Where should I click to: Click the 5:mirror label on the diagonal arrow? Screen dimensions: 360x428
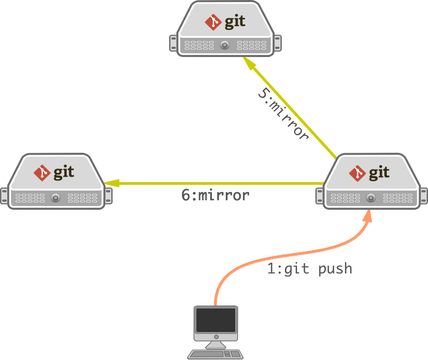point(283,115)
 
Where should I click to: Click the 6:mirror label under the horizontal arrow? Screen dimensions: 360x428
point(216,195)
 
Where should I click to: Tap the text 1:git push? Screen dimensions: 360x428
point(309,268)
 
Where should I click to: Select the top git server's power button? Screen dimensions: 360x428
point(225,46)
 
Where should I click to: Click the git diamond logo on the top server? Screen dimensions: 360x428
point(212,22)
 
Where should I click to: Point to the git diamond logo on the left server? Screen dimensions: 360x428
point(42,173)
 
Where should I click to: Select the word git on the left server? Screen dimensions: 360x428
point(64,173)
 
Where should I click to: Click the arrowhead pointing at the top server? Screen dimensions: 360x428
point(249,64)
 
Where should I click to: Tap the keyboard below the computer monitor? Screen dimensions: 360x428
point(215,354)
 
